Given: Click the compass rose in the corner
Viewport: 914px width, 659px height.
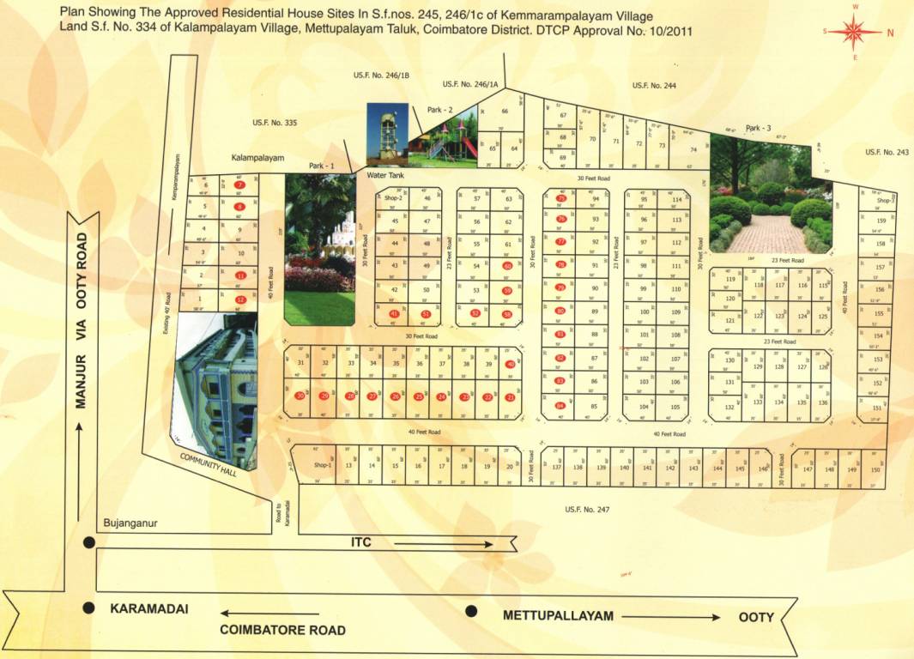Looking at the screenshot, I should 856,33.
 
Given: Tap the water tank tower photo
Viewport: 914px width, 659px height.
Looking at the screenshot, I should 382,133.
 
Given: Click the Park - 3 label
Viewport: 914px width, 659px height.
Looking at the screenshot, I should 758,128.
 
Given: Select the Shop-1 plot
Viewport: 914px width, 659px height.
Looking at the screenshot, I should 322,465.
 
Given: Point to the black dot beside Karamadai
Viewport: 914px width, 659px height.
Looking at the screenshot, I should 88,608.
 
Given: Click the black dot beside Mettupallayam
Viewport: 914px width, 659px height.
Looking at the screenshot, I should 470,611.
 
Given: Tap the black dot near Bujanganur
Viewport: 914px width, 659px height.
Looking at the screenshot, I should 88,542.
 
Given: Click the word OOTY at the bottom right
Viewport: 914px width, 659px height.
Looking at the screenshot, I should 756,617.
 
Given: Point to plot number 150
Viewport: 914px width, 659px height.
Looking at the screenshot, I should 875,469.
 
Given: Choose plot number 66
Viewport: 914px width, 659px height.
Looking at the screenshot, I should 505,112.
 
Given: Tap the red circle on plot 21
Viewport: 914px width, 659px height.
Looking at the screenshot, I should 511,397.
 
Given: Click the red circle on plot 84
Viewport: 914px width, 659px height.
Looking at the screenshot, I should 560,406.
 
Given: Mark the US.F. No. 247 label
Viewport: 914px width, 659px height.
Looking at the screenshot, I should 587,510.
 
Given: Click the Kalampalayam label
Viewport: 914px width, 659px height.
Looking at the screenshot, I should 257,158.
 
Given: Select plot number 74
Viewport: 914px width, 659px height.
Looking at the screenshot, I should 693,148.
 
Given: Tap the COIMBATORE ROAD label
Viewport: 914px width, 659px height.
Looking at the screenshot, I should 283,630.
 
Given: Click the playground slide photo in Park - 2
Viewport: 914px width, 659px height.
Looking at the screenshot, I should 444,137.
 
